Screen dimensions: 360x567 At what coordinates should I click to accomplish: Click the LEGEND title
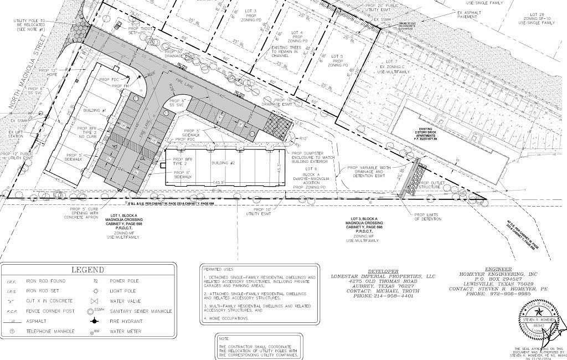point(87,270)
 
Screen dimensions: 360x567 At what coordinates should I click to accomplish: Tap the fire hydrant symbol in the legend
point(96,321)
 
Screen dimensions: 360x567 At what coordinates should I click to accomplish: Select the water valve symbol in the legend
point(96,301)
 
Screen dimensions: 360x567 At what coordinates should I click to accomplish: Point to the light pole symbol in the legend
point(96,291)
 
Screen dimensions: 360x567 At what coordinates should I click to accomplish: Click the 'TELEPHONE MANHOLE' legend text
point(50,331)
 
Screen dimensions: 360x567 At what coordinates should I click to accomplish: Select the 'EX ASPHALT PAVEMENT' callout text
point(467,14)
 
